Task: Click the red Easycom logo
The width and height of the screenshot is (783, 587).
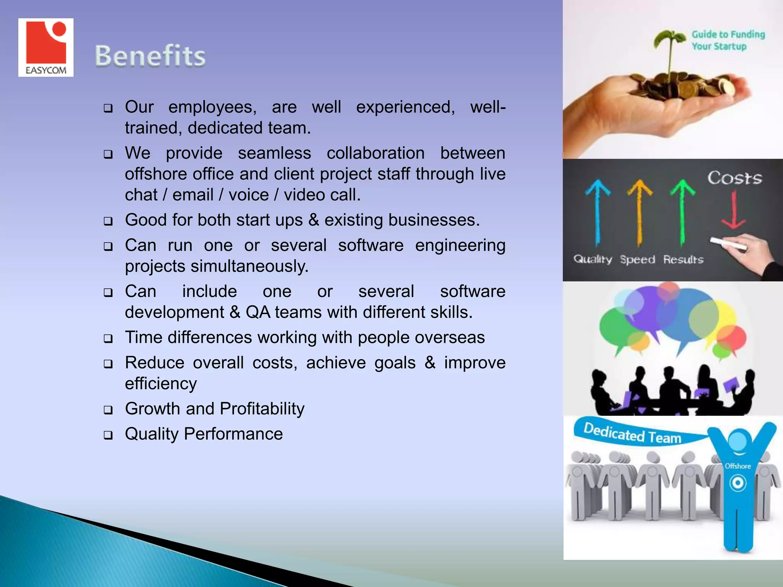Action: click(x=46, y=47)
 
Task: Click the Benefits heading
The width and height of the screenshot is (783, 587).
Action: click(x=150, y=56)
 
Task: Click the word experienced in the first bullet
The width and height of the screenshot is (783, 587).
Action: click(x=405, y=107)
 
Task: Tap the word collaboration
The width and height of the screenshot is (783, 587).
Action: click(x=375, y=153)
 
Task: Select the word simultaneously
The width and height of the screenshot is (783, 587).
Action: click(x=249, y=266)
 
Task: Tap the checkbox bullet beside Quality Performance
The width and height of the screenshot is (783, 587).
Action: click(x=108, y=435)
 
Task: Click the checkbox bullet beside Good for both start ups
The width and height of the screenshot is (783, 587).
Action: click(x=108, y=221)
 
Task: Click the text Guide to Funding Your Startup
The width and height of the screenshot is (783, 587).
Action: click(x=728, y=40)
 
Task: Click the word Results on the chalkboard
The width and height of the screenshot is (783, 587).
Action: click(x=683, y=260)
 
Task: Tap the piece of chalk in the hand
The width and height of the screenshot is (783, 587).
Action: click(x=728, y=244)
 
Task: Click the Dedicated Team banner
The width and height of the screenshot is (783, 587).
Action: click(x=633, y=434)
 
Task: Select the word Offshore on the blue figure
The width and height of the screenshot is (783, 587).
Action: click(x=738, y=466)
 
